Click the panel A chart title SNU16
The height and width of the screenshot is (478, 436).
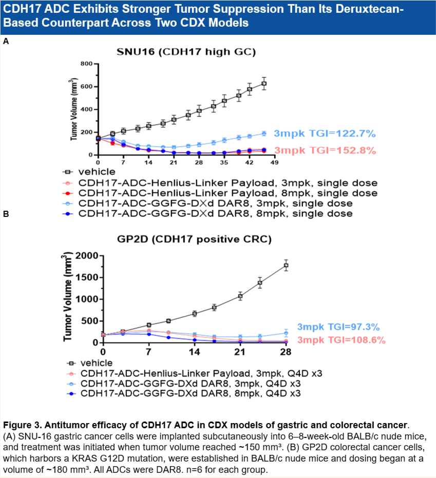[x=186, y=52]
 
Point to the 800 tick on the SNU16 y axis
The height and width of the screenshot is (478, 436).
[x=86, y=64]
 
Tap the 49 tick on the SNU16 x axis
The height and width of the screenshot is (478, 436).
[x=274, y=163]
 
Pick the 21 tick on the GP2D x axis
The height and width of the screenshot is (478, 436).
[x=239, y=352]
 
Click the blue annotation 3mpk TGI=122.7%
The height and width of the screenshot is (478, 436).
[x=325, y=134]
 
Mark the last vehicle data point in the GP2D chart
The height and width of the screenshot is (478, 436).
[x=286, y=265]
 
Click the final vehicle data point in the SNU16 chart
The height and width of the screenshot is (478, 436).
[x=264, y=84]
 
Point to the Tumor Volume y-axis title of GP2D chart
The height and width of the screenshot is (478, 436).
[x=67, y=297]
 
